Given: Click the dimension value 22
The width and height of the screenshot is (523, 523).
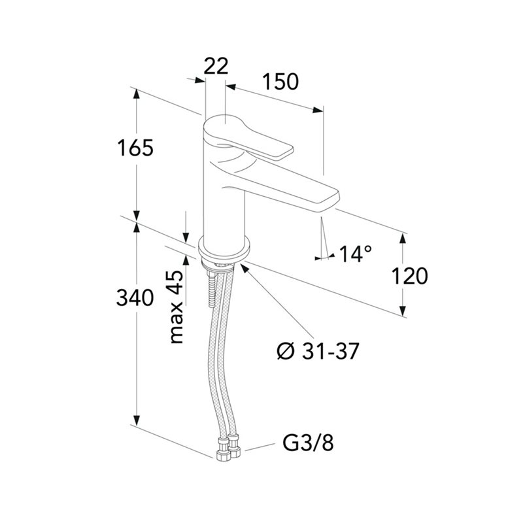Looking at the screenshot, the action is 216,66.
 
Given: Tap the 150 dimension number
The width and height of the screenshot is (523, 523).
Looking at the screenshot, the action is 280,82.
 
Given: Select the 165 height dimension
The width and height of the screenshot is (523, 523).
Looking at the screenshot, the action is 135,148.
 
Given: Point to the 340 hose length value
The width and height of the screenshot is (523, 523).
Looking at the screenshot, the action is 135,298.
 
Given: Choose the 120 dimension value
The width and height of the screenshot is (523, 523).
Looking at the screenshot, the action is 409,277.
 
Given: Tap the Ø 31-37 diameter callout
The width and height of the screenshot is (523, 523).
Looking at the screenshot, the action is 318,351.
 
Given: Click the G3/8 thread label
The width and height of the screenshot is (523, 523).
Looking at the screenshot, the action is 308,443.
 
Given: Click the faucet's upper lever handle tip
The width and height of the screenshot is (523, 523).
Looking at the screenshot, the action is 286,152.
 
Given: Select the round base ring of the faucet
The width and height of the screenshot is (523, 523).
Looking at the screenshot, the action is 224,249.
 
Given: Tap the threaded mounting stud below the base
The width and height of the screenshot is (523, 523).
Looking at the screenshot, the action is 212,289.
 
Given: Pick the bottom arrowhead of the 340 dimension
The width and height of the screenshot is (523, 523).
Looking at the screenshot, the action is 136,420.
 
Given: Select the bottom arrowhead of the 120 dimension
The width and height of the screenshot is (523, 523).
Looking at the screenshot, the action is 403,310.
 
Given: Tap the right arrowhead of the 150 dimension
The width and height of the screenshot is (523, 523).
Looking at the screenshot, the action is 318,110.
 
